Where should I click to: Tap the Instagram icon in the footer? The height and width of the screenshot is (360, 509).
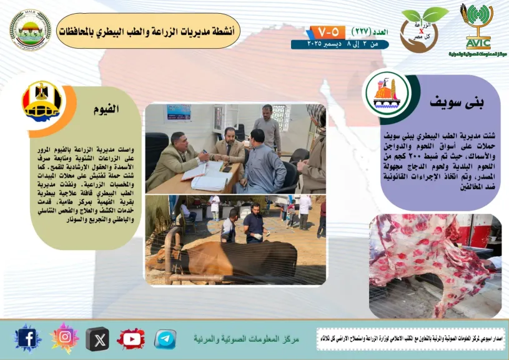click(x=64, y=338)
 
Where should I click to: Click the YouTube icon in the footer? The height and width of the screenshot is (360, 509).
click(x=131, y=339)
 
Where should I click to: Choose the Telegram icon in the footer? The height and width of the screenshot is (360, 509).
click(x=165, y=339)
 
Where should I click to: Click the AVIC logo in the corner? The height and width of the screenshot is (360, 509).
click(x=478, y=28)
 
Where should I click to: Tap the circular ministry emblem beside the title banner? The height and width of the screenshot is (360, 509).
click(x=30, y=29)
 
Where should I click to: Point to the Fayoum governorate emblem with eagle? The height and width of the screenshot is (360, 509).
click(x=42, y=101)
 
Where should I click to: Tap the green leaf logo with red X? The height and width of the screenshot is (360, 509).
click(x=424, y=26)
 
